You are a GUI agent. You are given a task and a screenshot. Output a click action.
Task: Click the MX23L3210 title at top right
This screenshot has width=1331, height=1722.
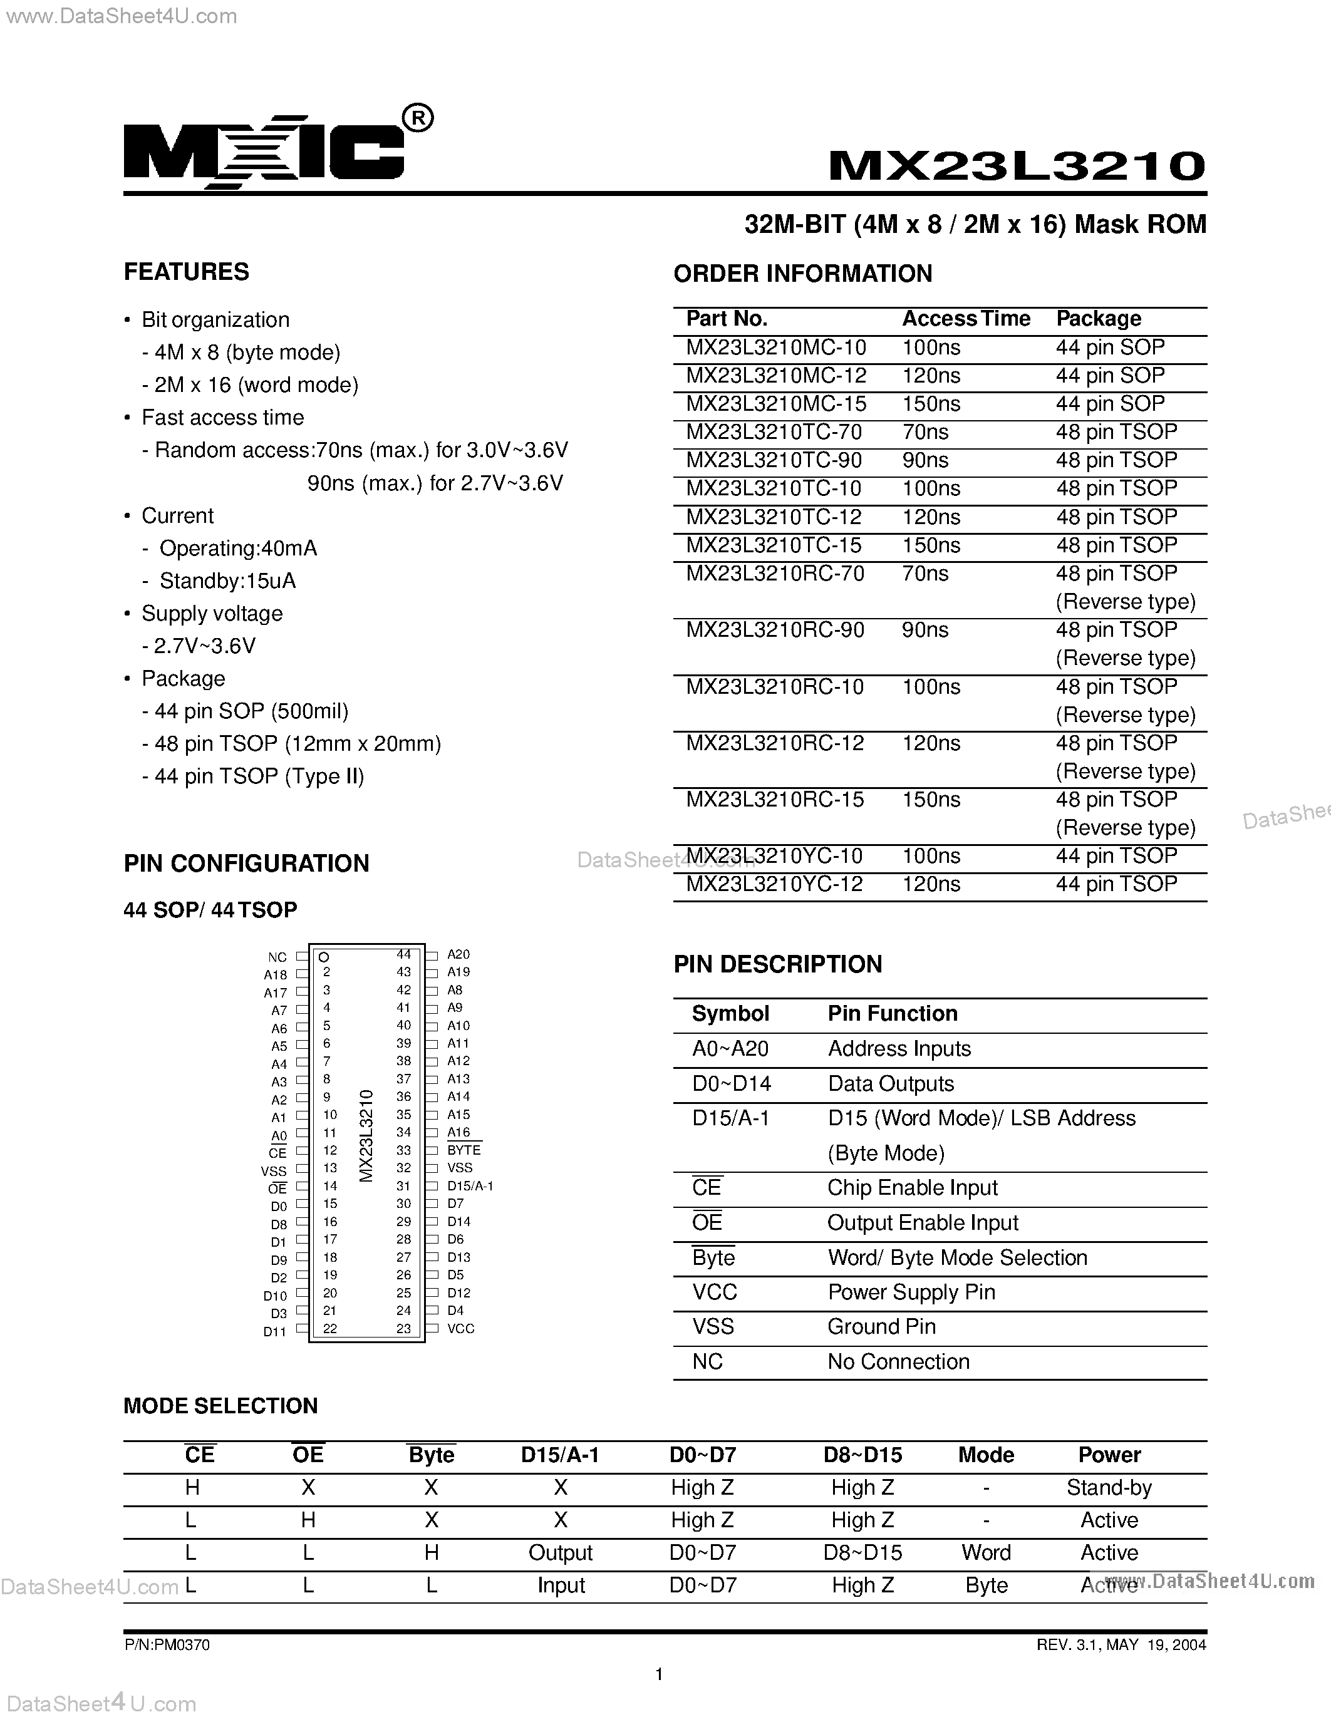click(x=1017, y=165)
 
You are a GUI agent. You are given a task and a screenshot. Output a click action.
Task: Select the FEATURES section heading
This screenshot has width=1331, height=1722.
click(x=186, y=272)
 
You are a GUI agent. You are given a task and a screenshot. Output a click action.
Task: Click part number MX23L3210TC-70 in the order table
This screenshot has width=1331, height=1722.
click(x=774, y=432)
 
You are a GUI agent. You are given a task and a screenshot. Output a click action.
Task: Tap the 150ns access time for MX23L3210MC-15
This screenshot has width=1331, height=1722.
click(x=931, y=404)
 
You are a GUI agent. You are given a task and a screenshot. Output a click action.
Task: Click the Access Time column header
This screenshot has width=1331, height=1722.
click(x=966, y=319)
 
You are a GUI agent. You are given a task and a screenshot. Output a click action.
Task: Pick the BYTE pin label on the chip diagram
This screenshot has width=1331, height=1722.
click(x=464, y=1150)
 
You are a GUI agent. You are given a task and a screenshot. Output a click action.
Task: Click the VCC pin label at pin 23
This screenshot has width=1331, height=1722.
click(x=460, y=1329)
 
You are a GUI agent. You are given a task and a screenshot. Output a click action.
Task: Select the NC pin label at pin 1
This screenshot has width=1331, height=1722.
click(x=277, y=958)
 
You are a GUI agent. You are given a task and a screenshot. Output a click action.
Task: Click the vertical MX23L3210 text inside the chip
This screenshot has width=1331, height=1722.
click(x=366, y=1136)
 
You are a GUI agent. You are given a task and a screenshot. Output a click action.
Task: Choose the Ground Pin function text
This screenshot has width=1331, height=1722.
click(x=881, y=1326)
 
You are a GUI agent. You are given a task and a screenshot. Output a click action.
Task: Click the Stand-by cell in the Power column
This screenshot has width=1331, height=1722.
click(x=1109, y=1488)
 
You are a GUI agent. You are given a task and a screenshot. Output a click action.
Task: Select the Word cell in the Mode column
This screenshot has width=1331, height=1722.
click(x=986, y=1552)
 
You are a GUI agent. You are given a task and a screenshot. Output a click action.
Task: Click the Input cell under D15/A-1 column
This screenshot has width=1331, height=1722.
click(x=561, y=1585)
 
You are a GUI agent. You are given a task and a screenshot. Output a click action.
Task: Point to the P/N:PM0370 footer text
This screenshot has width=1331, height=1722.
click(x=167, y=1645)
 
